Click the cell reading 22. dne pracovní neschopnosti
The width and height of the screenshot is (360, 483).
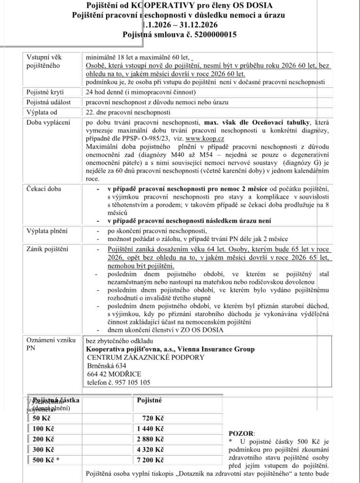tap(124, 112)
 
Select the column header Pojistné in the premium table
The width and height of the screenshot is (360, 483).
tap(150, 400)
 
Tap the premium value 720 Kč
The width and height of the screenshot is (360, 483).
tap(151, 418)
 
